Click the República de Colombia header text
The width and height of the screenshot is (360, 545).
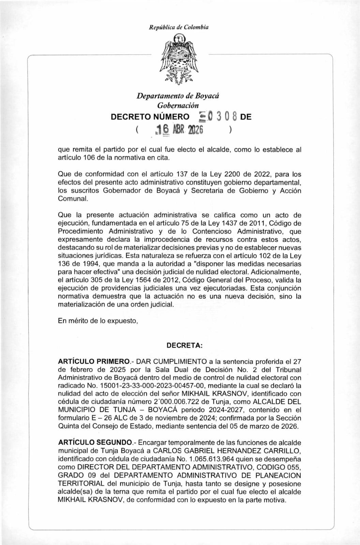click(x=179, y=27)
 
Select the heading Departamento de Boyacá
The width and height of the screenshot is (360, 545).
click(x=178, y=96)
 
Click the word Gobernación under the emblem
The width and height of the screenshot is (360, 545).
click(x=178, y=105)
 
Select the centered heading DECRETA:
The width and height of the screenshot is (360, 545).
click(x=184, y=345)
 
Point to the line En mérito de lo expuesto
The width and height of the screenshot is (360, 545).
click(x=98, y=321)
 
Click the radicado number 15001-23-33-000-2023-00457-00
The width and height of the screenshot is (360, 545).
click(x=153, y=386)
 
